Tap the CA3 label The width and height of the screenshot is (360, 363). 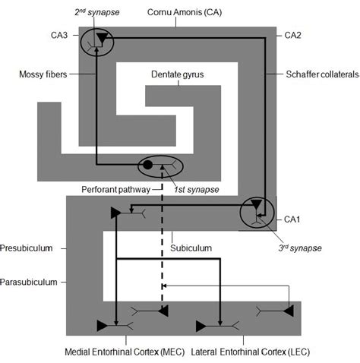(x=65, y=35)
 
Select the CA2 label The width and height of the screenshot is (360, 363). (x=292, y=35)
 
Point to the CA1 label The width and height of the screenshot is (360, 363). (x=292, y=219)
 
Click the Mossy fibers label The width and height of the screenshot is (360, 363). (x=43, y=74)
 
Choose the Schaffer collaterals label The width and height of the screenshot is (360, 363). (x=311, y=74)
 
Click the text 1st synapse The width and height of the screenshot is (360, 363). (x=193, y=188)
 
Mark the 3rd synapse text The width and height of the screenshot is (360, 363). (x=300, y=248)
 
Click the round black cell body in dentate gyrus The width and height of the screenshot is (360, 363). (x=148, y=165)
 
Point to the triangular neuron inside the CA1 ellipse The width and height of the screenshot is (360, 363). (x=257, y=205)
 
